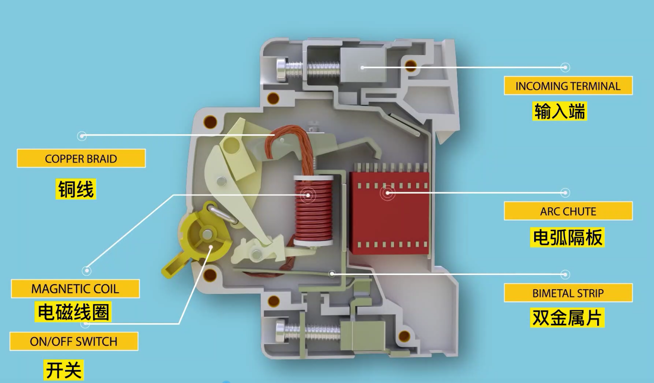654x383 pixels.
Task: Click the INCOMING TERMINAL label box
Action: click(x=568, y=86)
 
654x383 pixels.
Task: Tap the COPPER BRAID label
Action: click(x=81, y=158)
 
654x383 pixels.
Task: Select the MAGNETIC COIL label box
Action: click(x=75, y=289)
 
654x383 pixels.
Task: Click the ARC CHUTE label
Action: click(x=568, y=211)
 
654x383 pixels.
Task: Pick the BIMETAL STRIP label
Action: click(x=568, y=293)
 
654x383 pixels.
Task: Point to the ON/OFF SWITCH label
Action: click(x=74, y=341)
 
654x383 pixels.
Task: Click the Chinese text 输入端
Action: click(x=560, y=111)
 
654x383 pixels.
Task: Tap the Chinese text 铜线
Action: click(x=76, y=189)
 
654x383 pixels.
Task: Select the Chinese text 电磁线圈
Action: click(x=73, y=312)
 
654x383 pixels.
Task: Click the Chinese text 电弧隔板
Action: click(x=567, y=238)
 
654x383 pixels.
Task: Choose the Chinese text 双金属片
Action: click(x=567, y=318)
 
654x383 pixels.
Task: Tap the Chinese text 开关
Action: click(x=64, y=370)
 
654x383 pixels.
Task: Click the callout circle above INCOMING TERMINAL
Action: click(x=565, y=67)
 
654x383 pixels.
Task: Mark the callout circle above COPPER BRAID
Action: click(x=82, y=136)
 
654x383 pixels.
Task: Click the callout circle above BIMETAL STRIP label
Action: click(x=565, y=274)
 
